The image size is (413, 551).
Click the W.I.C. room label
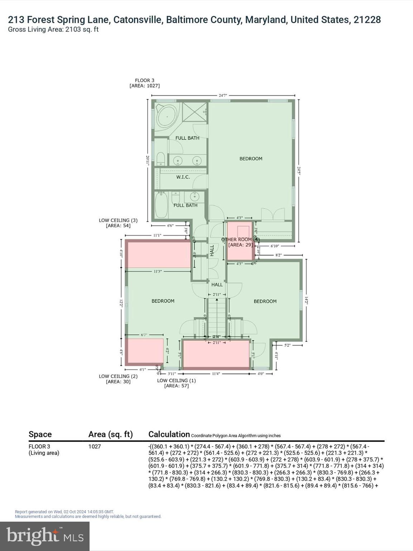pyautogui.click(x=183, y=177)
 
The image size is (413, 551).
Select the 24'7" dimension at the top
pyautogui.click(x=223, y=95)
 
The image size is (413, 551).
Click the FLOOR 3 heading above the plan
pyautogui.click(x=144, y=80)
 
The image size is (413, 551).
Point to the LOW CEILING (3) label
pyautogui.click(x=118, y=220)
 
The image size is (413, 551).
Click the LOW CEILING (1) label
pyautogui.click(x=176, y=380)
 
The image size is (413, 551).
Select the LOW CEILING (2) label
pyautogui.click(x=118, y=376)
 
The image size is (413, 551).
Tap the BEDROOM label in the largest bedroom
pyautogui.click(x=251, y=159)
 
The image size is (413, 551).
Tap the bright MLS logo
pyautogui.click(x=45, y=536)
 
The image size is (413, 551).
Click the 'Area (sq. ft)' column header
pyautogui.click(x=110, y=434)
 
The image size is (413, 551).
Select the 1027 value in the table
pyautogui.click(x=95, y=447)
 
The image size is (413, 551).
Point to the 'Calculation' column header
pyautogui.click(x=169, y=434)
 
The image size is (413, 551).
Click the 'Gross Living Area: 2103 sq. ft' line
pyautogui.click(x=53, y=29)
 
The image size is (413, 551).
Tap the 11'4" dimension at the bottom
pyautogui.click(x=215, y=374)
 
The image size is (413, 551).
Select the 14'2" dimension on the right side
pyautogui.click(x=306, y=300)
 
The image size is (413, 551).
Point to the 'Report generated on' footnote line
pyautogui.click(x=64, y=512)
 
